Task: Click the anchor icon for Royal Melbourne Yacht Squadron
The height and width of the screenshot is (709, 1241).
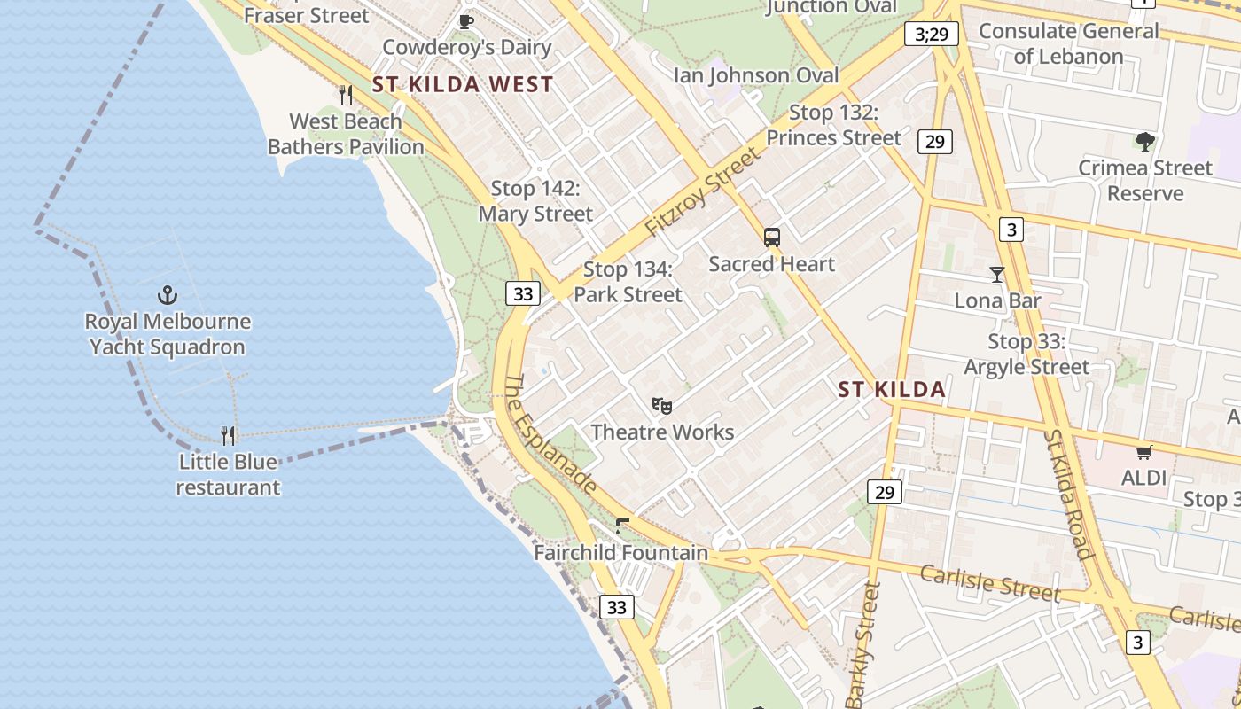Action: tap(167, 295)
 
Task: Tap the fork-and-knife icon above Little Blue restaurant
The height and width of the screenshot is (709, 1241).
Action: tap(228, 435)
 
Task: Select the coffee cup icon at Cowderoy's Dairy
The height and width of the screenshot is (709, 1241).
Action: tap(466, 20)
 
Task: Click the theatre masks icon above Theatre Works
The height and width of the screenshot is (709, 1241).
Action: tap(662, 406)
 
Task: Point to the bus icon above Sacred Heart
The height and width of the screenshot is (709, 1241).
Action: tap(772, 238)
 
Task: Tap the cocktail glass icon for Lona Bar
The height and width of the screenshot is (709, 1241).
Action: tap(997, 275)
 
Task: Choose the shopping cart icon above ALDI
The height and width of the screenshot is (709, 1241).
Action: tap(1144, 452)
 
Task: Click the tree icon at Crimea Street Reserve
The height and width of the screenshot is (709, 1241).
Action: tap(1145, 141)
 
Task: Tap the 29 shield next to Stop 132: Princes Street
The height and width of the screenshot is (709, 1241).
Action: tap(935, 141)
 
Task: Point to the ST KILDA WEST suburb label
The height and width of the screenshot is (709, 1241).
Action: tap(463, 85)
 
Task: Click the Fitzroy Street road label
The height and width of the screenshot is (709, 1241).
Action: tap(702, 192)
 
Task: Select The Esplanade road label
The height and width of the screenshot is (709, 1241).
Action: tap(550, 432)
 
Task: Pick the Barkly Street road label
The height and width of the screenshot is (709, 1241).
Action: tap(864, 644)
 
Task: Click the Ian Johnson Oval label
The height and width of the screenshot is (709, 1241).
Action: tap(756, 75)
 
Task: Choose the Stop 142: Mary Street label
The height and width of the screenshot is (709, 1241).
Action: tap(535, 201)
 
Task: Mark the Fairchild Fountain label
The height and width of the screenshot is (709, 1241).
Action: tap(620, 553)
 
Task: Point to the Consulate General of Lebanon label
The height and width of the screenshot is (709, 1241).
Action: tap(1068, 43)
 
